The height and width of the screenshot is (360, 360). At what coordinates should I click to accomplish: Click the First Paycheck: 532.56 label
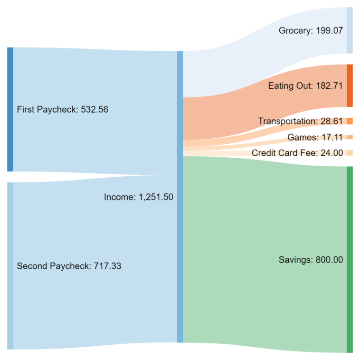coord(62,109)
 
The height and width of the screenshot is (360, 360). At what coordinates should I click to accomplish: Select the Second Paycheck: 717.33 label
coord(69,266)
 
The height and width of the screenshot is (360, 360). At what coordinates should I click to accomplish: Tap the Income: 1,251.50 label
coord(138,197)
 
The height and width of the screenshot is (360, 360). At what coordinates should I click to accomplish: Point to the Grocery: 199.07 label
coord(311,31)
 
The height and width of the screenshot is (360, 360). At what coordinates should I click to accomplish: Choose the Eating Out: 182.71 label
coord(305,86)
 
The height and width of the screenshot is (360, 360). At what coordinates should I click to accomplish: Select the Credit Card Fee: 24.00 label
coord(297,153)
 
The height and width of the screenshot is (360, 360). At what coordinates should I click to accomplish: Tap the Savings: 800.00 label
coord(311,260)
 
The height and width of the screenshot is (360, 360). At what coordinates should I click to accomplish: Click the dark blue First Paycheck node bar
coord(10,109)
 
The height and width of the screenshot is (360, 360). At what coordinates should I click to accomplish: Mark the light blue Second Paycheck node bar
coord(10,265)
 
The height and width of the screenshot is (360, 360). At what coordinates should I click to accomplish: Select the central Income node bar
coord(180,197)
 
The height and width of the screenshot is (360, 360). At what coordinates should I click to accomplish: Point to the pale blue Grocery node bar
coord(350,30)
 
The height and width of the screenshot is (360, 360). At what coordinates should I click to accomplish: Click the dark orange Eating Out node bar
coord(350,85)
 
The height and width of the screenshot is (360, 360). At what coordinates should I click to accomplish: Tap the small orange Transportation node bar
coord(350,121)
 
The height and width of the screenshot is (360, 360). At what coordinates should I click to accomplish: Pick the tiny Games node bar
coord(350,137)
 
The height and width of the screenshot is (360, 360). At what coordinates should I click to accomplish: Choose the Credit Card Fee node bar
coord(350,153)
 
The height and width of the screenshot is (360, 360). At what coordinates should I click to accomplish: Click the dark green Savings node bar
coord(350,259)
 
